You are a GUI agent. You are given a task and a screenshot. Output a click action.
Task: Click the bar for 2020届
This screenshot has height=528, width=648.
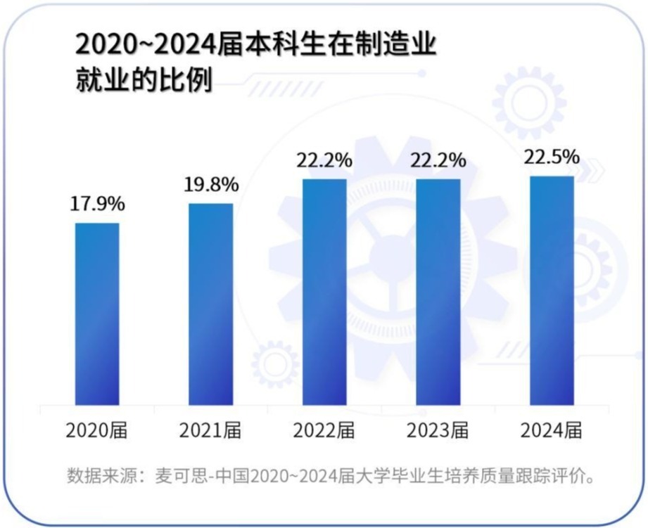click(97, 314)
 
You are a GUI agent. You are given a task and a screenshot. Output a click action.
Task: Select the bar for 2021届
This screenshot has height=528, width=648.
click(210, 304)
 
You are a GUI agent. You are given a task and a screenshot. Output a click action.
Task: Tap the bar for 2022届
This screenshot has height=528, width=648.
click(324, 292)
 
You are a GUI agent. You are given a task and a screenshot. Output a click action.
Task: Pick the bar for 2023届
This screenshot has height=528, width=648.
click(438, 292)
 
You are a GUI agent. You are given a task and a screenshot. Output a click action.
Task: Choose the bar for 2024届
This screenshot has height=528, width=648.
click(552, 290)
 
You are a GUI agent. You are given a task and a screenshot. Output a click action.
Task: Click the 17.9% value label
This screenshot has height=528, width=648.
click(97, 205)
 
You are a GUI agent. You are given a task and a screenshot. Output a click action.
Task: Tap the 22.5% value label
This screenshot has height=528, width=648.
click(552, 157)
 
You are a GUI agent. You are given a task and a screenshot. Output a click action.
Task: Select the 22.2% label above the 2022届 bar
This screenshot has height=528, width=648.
click(324, 160)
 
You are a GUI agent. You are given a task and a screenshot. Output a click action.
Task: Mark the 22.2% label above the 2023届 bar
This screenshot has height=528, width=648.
click(438, 160)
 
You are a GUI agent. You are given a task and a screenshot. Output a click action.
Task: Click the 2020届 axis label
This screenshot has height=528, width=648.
click(97, 430)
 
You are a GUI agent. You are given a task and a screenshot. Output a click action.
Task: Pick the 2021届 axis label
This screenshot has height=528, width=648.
click(210, 430)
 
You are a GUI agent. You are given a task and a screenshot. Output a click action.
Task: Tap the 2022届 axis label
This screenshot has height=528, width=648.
click(324, 430)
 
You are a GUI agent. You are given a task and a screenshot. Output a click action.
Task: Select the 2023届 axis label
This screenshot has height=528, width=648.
click(438, 430)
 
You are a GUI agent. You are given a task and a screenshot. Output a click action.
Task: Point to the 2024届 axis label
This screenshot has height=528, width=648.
click(552, 430)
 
